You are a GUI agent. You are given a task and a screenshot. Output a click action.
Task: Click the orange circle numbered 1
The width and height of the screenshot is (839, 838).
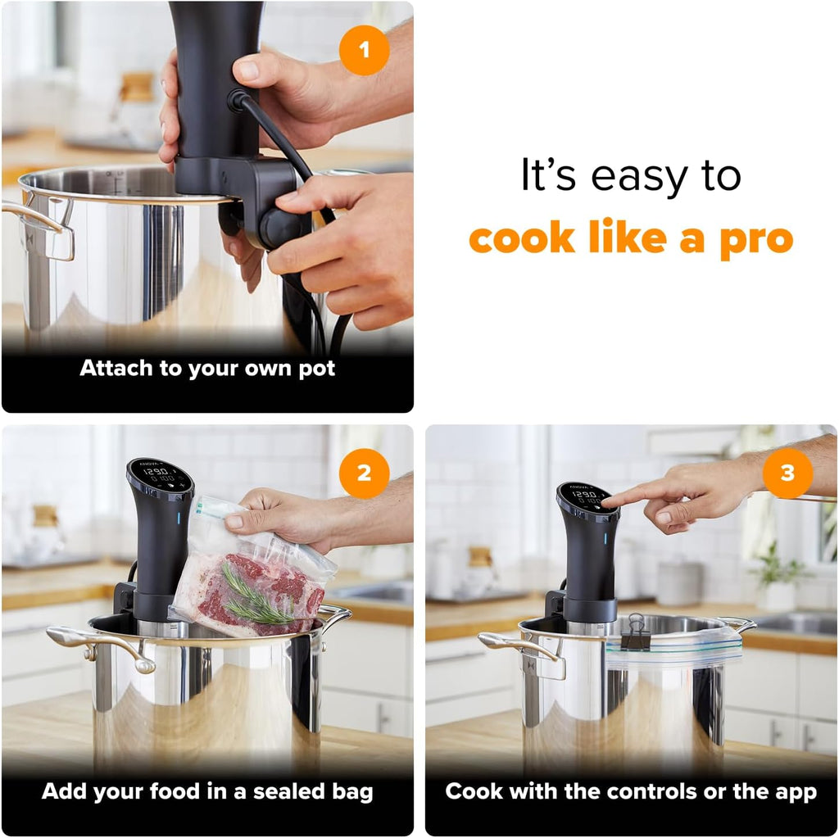point(364,50)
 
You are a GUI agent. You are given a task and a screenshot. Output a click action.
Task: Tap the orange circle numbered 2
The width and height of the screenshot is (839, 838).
point(364,473)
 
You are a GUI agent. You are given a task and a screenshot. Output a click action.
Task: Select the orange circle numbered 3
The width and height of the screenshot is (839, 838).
point(787,473)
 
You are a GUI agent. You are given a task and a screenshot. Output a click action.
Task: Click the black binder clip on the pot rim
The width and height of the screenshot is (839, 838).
point(636,632)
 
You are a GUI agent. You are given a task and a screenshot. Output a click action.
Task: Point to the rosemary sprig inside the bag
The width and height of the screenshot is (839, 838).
point(256,597)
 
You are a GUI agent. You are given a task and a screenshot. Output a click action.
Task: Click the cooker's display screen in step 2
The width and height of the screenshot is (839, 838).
point(160,474)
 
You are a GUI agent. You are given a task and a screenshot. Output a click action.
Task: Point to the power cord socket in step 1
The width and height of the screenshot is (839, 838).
point(238,101)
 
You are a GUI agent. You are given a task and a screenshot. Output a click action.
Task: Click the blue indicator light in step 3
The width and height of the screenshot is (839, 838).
point(605,538)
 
